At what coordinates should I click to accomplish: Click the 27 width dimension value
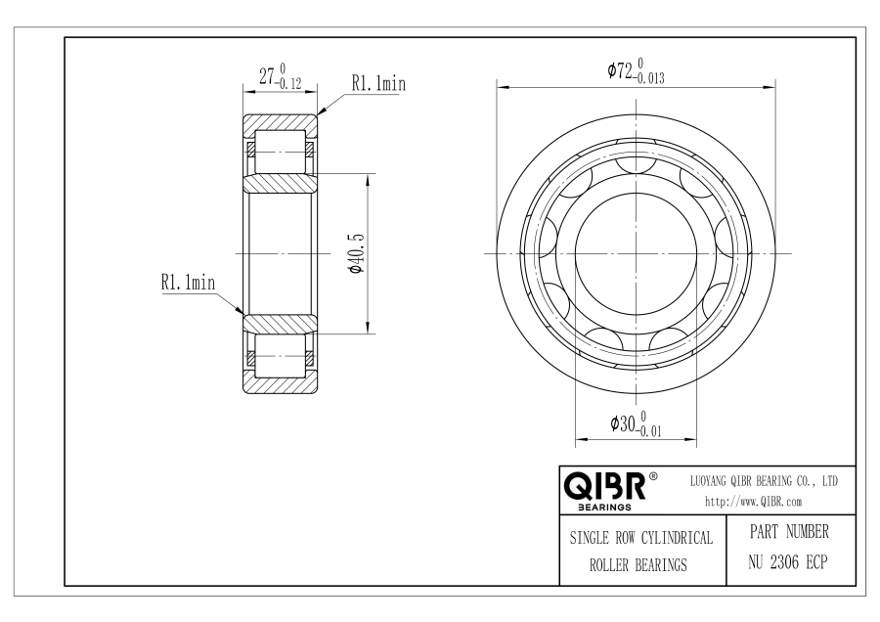(x=280, y=76)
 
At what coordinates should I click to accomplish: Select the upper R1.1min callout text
(x=378, y=84)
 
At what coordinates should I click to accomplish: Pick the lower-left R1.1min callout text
(x=188, y=282)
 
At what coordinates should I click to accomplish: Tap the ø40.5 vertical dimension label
(x=357, y=253)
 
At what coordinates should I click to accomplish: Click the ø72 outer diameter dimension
(x=636, y=71)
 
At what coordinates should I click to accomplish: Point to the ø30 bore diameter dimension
(x=636, y=423)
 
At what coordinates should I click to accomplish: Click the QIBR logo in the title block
(x=604, y=486)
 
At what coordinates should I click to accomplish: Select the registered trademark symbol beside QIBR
(x=653, y=476)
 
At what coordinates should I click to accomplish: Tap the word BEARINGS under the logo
(x=604, y=508)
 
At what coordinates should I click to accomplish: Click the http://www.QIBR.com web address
(x=753, y=502)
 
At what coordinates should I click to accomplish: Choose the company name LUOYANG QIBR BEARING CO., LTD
(x=764, y=481)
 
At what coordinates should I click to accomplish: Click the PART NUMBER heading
(x=789, y=532)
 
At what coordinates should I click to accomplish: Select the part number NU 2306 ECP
(x=788, y=562)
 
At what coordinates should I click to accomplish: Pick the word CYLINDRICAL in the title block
(x=677, y=538)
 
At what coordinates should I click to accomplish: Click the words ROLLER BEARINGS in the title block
(x=638, y=564)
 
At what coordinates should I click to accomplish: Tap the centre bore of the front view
(x=636, y=253)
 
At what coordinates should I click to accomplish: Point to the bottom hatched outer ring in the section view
(x=280, y=382)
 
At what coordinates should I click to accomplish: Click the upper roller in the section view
(x=280, y=153)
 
